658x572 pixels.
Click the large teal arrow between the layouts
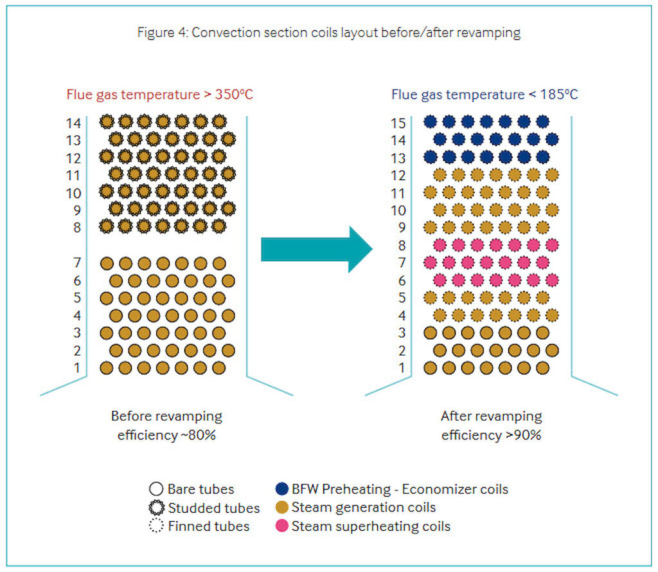click(x=316, y=249)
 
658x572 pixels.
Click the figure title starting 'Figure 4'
click(x=328, y=32)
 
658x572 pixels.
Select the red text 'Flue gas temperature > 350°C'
click(x=159, y=94)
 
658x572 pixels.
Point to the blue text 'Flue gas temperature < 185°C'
click(x=485, y=94)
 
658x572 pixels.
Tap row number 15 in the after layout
click(x=398, y=123)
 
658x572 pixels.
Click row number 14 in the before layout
click(x=73, y=123)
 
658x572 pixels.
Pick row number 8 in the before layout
click(x=77, y=227)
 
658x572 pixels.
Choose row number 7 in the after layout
click(x=402, y=263)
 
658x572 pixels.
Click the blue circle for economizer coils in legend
click(x=281, y=489)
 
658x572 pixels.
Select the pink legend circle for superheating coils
click(x=281, y=526)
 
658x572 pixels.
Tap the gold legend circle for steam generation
click(x=281, y=507)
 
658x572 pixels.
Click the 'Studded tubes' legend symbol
click(x=157, y=508)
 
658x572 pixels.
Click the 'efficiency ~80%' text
click(x=166, y=435)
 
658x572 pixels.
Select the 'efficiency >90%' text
click(x=492, y=435)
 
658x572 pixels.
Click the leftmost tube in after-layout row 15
click(x=431, y=122)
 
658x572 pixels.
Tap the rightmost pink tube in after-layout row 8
click(x=552, y=244)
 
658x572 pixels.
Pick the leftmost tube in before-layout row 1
click(x=107, y=368)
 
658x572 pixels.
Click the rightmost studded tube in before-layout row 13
click(x=228, y=139)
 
